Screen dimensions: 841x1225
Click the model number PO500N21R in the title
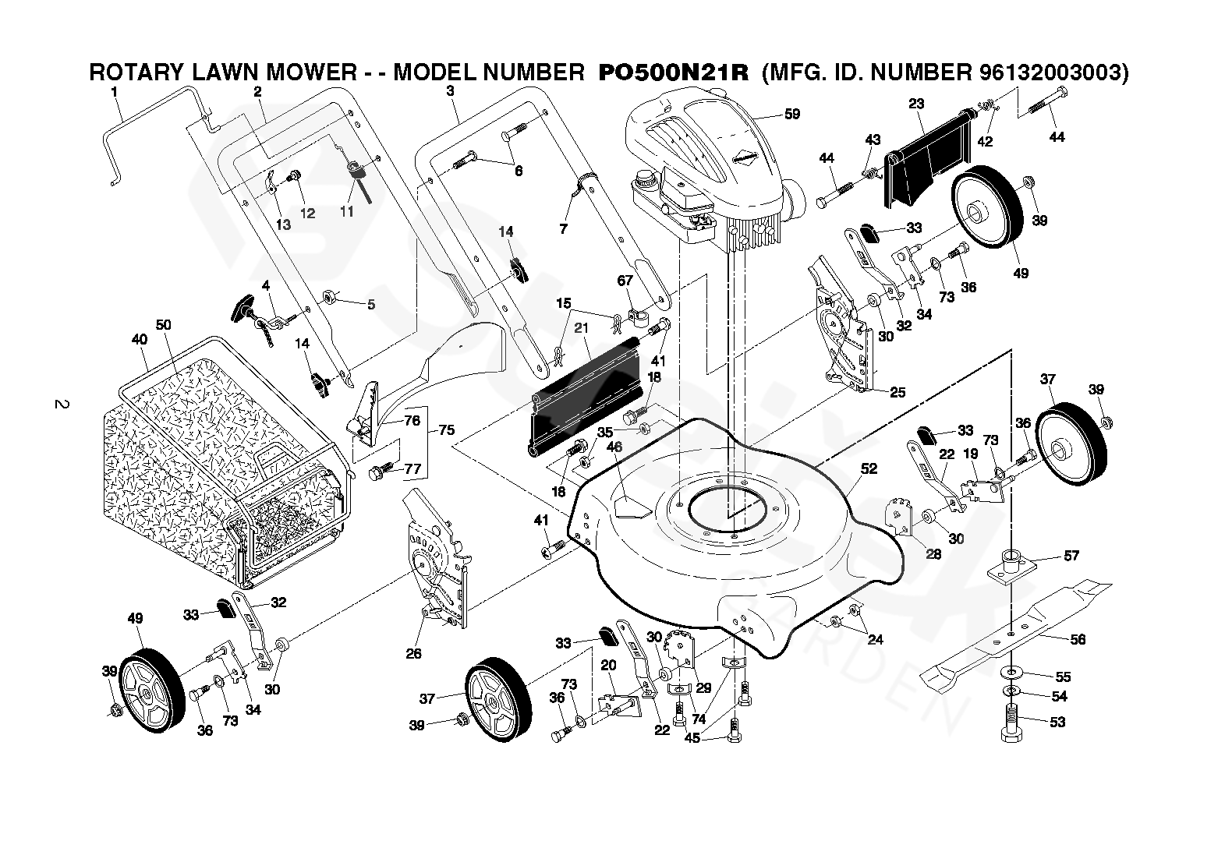673,72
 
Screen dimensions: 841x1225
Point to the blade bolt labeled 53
1011,723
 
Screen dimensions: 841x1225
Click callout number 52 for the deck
869,468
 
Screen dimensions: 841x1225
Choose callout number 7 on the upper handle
563,228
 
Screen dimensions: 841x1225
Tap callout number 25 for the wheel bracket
898,392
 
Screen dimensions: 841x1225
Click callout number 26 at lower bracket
413,653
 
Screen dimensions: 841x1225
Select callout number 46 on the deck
614,447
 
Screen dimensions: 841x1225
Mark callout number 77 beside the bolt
412,468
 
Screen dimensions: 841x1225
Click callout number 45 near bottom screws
692,738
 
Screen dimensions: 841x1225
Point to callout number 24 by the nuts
876,640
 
